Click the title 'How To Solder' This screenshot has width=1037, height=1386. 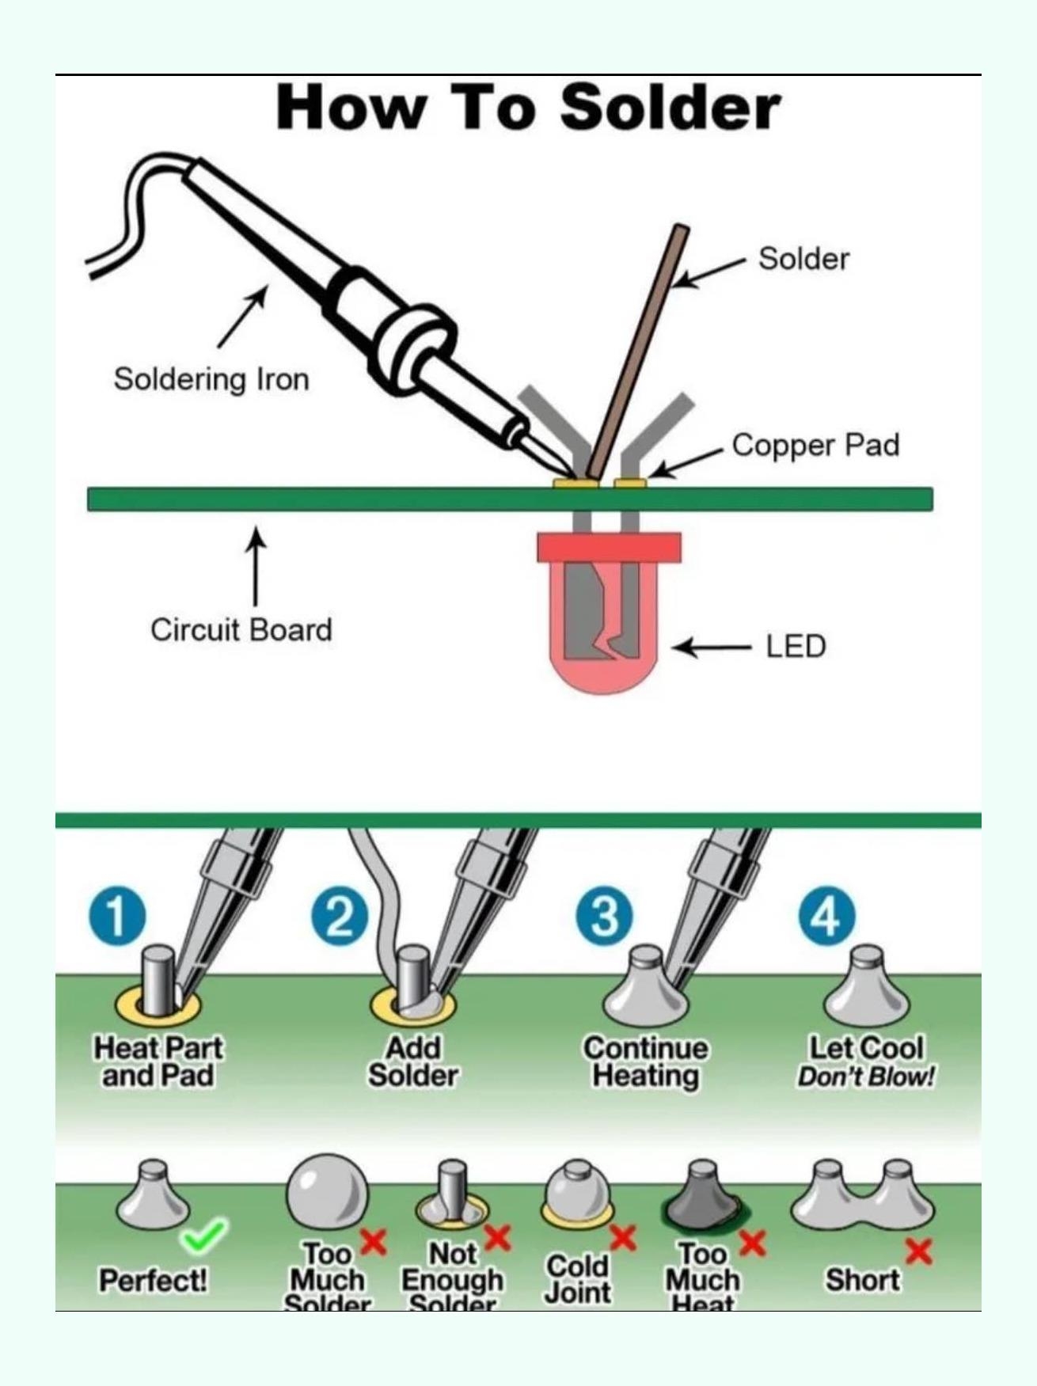[528, 108]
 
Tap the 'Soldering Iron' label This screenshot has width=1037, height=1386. [211, 379]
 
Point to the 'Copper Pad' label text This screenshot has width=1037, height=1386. [815, 445]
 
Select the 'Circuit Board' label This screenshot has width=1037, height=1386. [241, 630]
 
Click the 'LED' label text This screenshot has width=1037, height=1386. [796, 647]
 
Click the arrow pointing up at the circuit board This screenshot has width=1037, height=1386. [255, 567]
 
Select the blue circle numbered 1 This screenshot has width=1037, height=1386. [117, 917]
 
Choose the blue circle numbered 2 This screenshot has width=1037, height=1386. [340, 917]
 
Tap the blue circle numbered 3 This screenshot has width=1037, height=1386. [604, 917]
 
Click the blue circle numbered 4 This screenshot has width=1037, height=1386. [826, 917]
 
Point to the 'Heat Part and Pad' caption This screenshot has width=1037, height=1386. [158, 1062]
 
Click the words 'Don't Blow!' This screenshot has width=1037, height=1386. [866, 1077]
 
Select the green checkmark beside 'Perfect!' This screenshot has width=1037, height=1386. [204, 1236]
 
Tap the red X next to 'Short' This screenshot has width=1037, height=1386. [918, 1251]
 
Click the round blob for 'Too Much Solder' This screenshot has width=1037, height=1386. [327, 1192]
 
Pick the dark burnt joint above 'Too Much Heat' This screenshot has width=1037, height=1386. [703, 1198]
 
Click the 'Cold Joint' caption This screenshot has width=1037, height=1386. [578, 1278]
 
